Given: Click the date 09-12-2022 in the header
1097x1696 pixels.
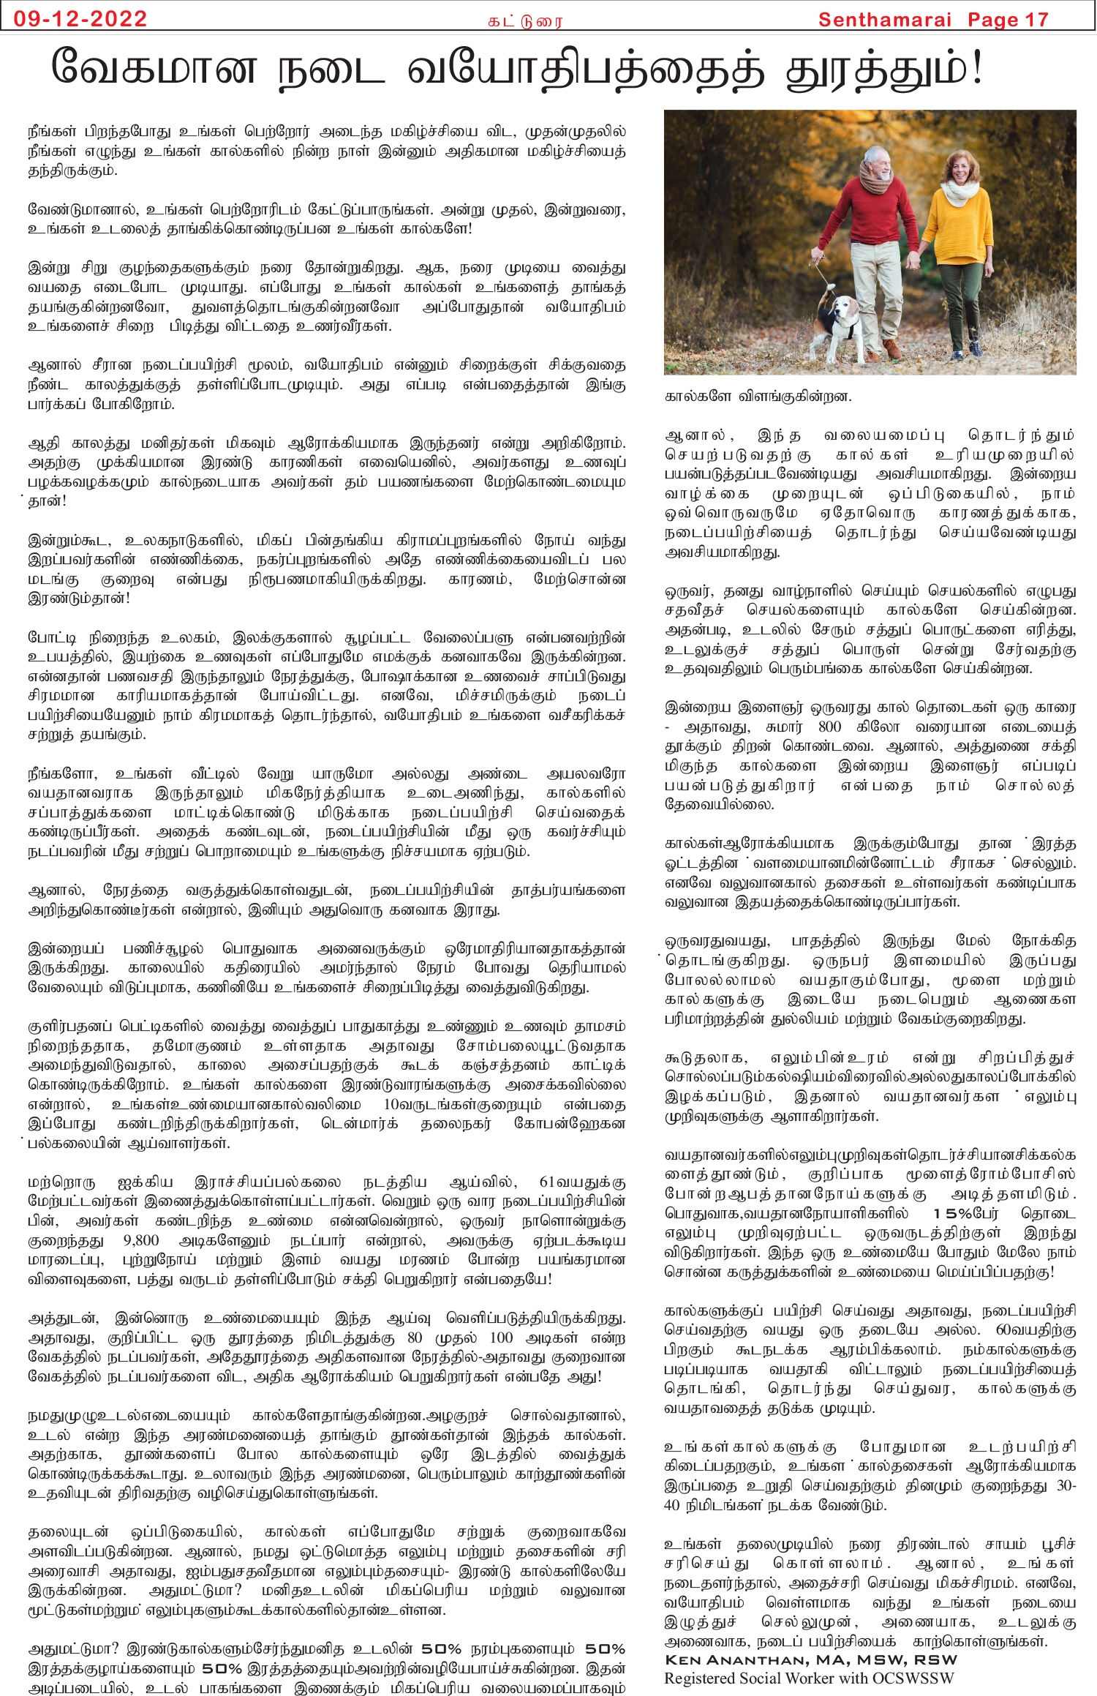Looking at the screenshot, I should pos(80,18).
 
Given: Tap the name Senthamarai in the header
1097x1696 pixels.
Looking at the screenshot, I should pos(884,20).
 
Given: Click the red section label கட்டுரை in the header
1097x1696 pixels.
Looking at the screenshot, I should pos(525,21).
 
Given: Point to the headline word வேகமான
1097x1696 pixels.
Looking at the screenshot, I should pos(154,68).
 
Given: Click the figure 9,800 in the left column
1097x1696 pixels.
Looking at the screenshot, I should pos(141,1240).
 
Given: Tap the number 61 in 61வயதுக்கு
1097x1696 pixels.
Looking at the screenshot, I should pos(548,1182).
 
